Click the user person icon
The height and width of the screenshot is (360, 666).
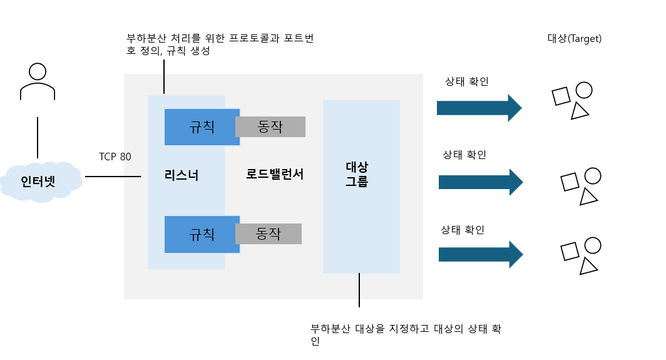tap(38, 81)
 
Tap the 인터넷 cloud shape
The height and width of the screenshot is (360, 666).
tap(42, 181)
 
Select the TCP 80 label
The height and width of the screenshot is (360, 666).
tap(115, 157)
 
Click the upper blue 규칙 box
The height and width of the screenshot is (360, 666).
tap(202, 127)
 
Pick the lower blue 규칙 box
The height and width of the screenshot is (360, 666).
tap(202, 234)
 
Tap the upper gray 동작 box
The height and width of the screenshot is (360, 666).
tap(270, 126)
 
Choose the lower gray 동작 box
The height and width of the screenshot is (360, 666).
tap(269, 234)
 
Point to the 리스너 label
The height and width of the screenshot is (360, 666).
tap(182, 175)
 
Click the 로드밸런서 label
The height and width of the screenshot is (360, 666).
tap(275, 175)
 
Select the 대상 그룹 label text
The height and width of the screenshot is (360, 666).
tap(357, 175)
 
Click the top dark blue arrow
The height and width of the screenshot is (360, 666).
tap(479, 108)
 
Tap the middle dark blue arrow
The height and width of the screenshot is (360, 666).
tap(480, 182)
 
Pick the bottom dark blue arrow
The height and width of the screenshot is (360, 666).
tap(480, 254)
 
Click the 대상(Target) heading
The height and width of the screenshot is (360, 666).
tap(574, 39)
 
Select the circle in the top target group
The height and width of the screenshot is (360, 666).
tap(584, 90)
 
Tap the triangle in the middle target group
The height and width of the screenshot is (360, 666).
tap(588, 197)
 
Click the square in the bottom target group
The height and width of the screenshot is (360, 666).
tap(570, 251)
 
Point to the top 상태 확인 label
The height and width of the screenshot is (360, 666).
tap(467, 81)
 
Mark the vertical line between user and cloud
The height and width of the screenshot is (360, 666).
tap(38, 137)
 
